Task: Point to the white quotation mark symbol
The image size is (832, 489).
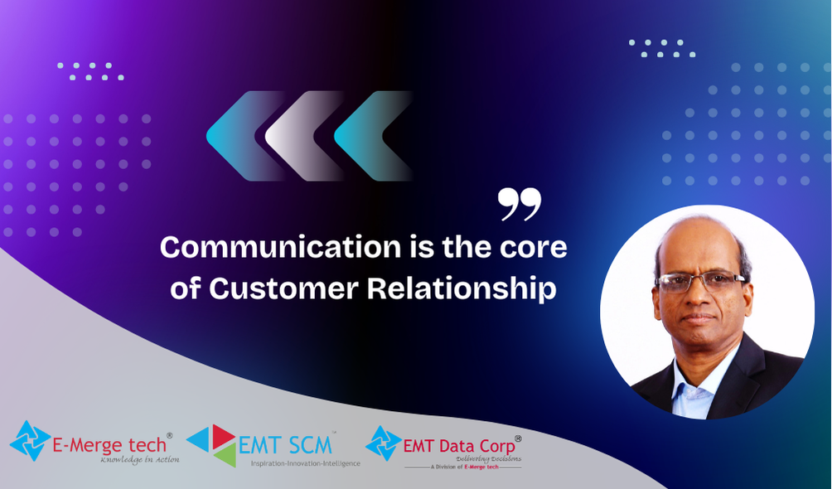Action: [x=520, y=204]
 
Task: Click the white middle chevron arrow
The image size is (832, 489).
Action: [x=302, y=136]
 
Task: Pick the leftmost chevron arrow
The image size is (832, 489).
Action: [x=244, y=136]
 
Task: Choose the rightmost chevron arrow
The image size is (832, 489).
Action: [x=371, y=136]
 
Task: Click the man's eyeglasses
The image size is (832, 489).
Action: [x=699, y=281]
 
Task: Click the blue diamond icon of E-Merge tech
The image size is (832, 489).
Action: [x=30, y=441]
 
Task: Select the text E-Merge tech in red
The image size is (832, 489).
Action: [x=109, y=444]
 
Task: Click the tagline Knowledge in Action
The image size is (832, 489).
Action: [x=140, y=460]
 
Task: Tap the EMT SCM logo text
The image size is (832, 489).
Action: [x=285, y=445]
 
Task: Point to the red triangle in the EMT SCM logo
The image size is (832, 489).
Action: [x=223, y=436]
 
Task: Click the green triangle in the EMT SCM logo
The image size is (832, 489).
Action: [x=226, y=456]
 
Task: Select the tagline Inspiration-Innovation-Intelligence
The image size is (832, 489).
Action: [x=306, y=463]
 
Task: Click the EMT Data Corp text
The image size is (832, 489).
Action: [x=459, y=446]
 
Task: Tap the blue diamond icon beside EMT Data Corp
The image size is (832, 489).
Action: [x=384, y=443]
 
